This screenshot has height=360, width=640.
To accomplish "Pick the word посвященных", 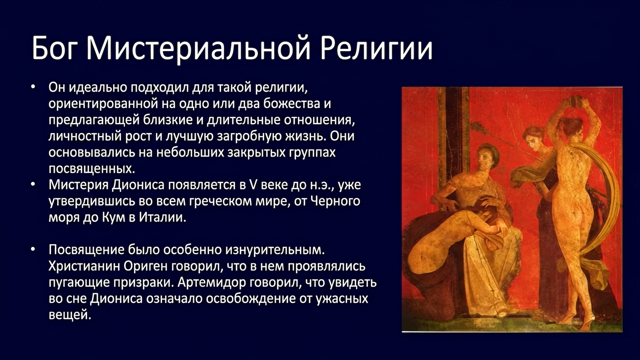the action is coord(91,169).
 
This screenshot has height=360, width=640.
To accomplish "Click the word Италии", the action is coord(162,217).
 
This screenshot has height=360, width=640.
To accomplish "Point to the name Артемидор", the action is coord(212,283).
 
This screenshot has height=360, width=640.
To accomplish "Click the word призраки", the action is coord(143,283).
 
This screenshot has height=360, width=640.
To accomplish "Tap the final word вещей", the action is coord(70,315).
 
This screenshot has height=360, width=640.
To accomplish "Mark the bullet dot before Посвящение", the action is coord(34,250).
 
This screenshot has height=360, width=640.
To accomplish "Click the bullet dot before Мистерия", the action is coord(34,185).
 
